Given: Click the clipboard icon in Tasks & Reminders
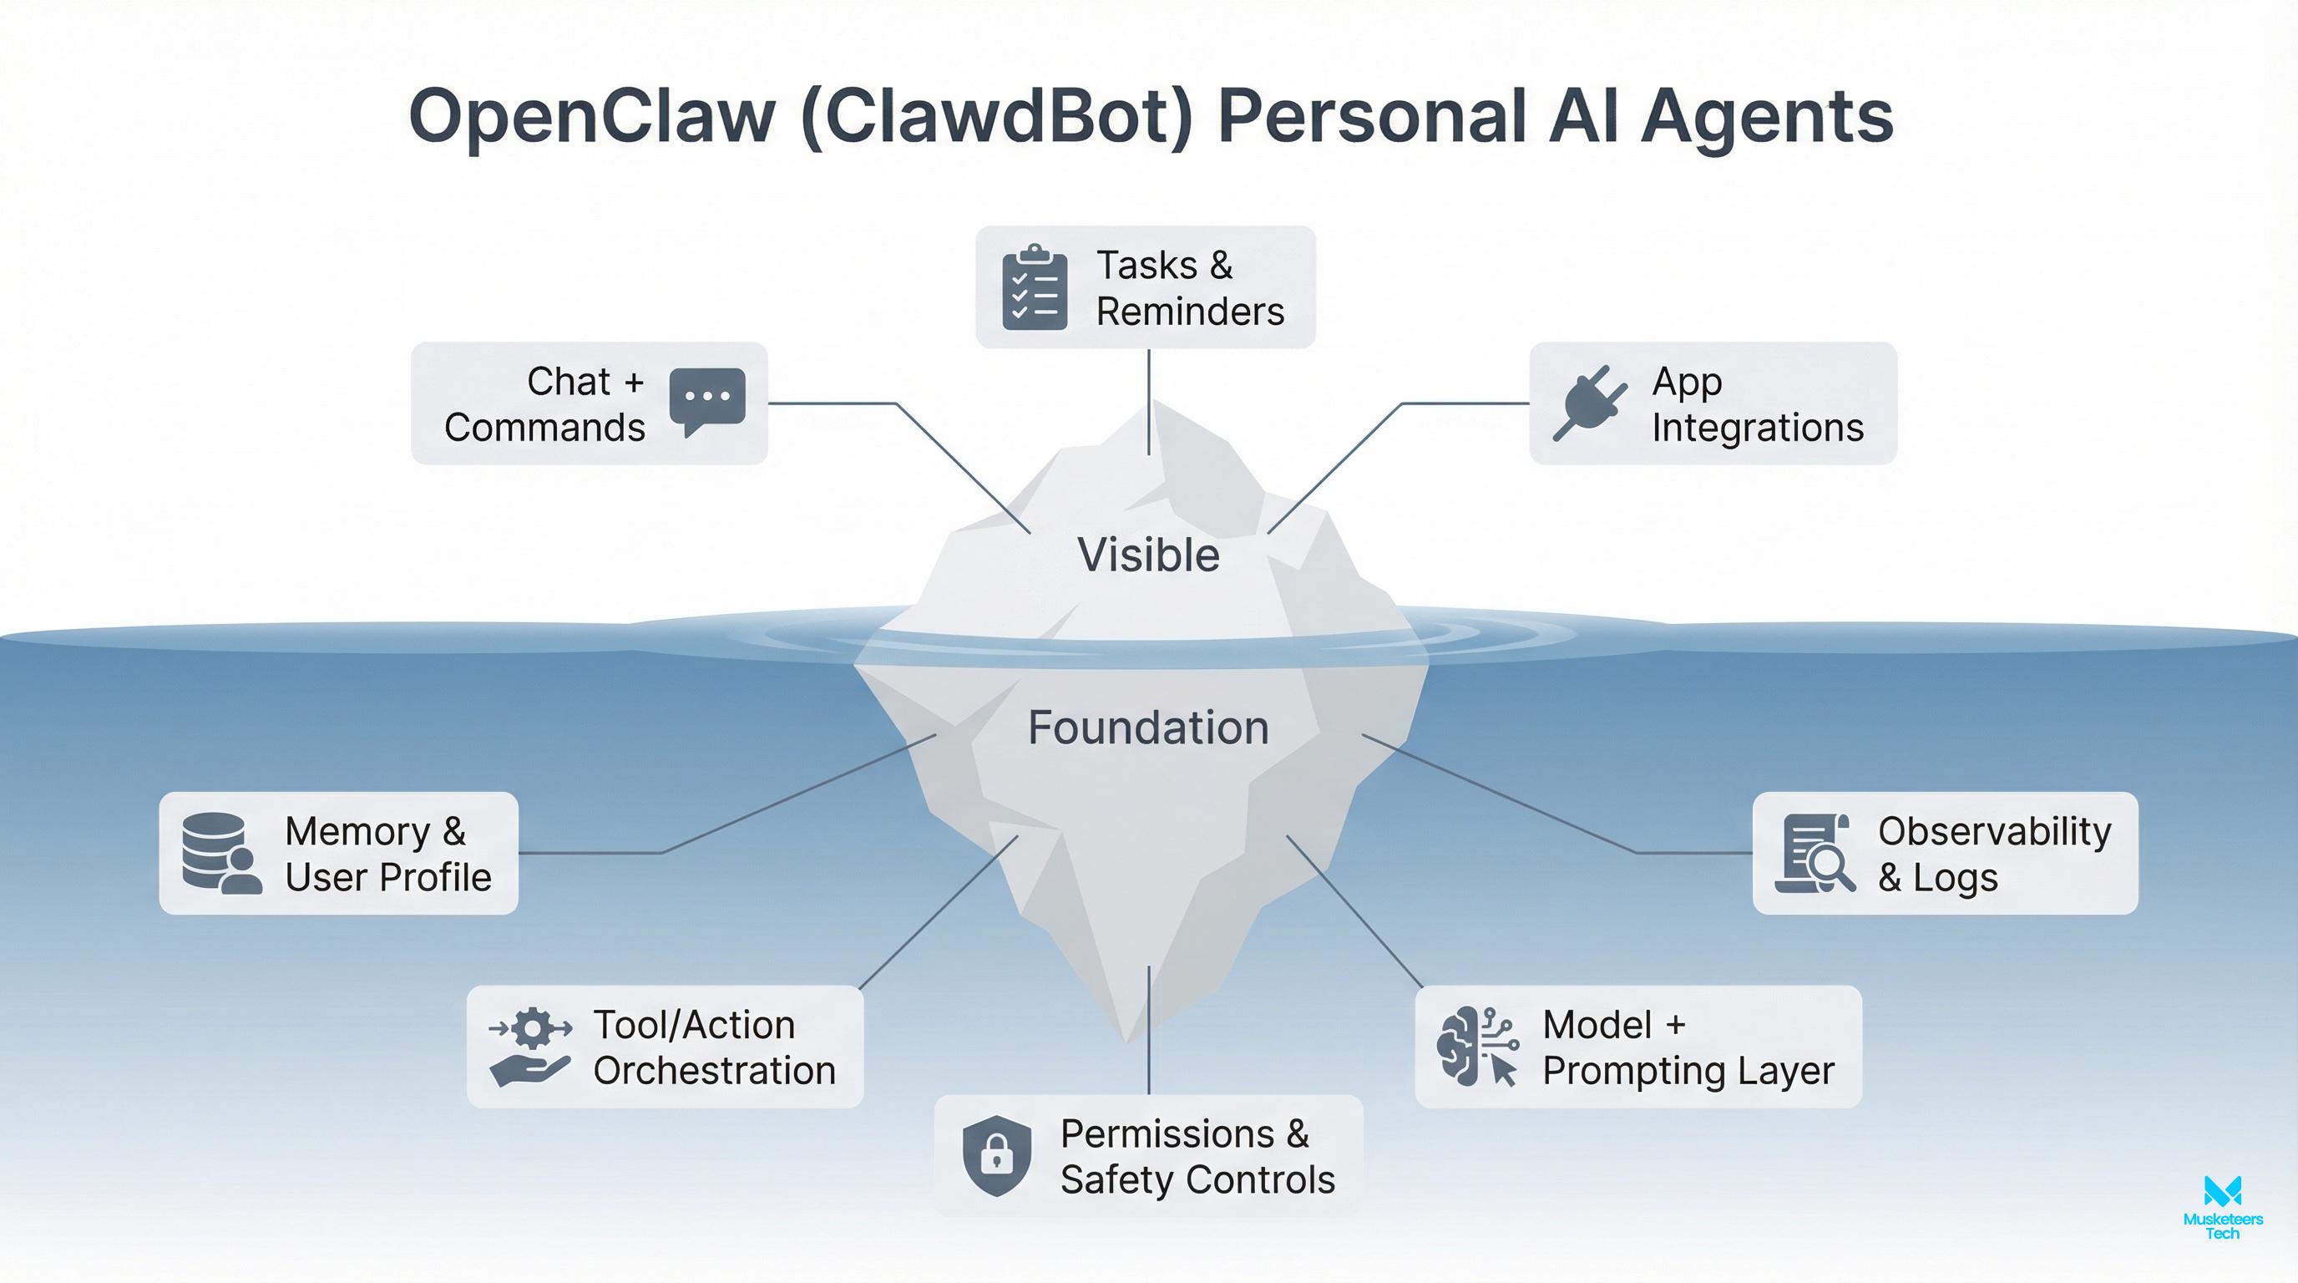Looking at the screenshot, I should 1035,287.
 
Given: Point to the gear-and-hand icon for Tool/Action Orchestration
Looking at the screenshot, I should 530,1046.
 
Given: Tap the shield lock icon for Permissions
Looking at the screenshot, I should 996,1155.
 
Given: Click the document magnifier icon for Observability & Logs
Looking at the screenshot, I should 1815,852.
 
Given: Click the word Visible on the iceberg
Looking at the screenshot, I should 1148,555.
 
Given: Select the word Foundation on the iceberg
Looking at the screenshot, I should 1148,728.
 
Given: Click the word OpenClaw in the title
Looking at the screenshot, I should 591,118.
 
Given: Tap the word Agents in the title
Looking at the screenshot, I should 1766,118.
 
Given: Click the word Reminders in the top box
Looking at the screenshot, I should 1190,312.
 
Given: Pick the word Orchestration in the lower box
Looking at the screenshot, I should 714,1071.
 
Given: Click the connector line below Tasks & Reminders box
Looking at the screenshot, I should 1149,402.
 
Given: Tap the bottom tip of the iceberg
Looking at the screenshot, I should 1126,1040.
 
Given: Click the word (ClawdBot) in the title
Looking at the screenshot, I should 996,118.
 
